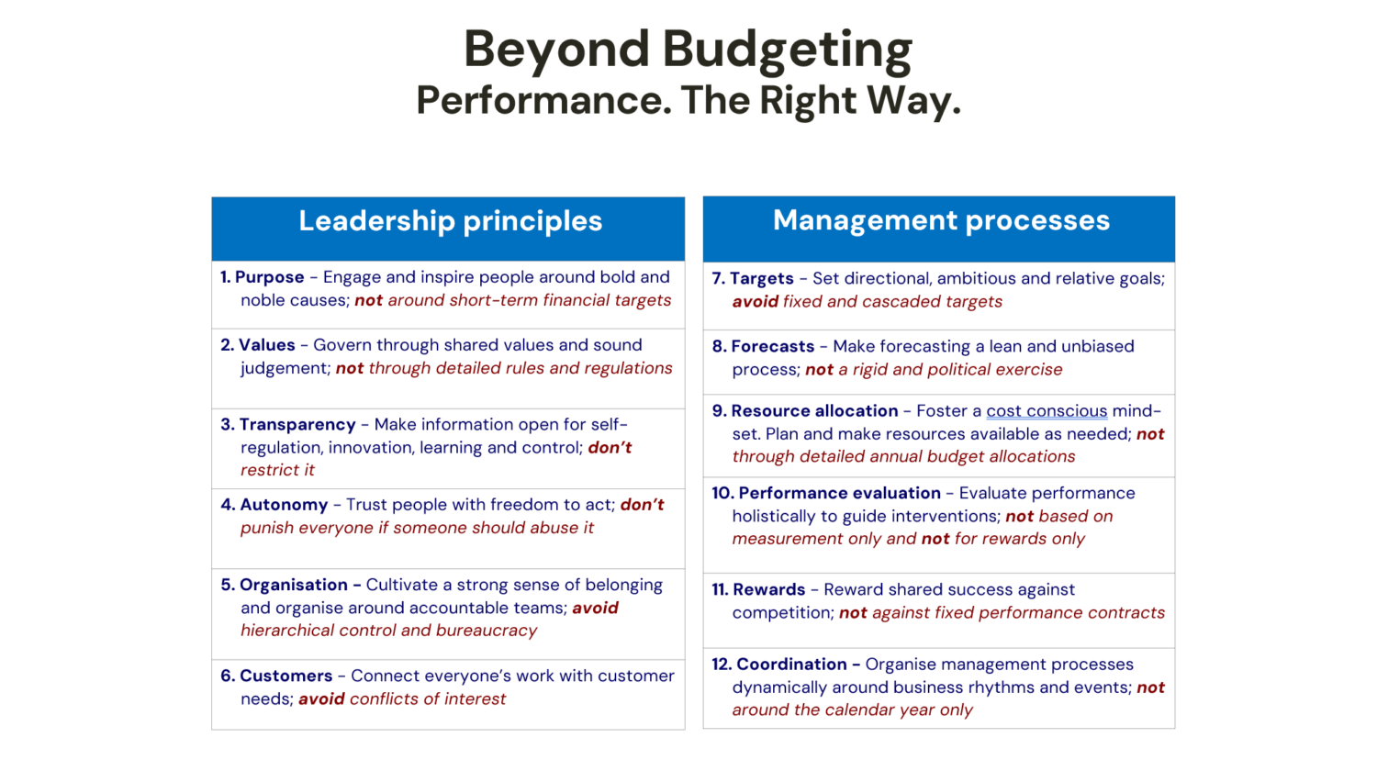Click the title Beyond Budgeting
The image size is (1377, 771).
click(x=688, y=50)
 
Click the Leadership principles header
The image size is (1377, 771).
click(x=450, y=220)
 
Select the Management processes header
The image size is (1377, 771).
click(x=941, y=220)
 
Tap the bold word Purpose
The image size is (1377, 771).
click(x=269, y=277)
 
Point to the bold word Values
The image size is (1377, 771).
click(x=267, y=345)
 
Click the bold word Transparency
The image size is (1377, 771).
click(x=297, y=425)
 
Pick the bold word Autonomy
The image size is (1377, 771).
click(x=284, y=505)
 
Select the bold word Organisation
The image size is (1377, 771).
click(x=294, y=585)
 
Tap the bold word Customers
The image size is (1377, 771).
click(x=285, y=676)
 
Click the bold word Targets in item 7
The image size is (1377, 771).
click(x=762, y=278)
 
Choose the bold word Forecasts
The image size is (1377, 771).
click(x=773, y=346)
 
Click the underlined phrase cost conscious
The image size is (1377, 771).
click(x=1047, y=410)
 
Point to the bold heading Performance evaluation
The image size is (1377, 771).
click(x=840, y=493)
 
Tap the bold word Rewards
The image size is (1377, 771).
click(x=769, y=589)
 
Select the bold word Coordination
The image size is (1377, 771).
click(x=791, y=665)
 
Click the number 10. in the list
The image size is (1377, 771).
click(x=722, y=493)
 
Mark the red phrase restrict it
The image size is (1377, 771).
click(x=277, y=470)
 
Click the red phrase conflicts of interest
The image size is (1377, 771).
click(x=428, y=699)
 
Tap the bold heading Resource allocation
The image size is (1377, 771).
click(x=814, y=410)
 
